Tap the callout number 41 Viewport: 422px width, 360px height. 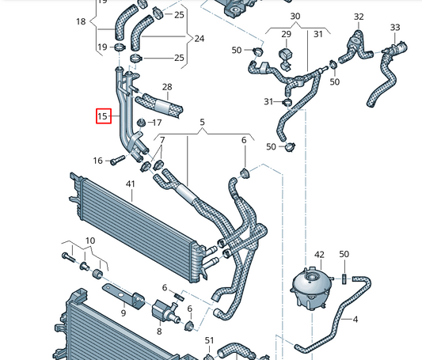(131, 184)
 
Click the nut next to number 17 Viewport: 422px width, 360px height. (140, 123)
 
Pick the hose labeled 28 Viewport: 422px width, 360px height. (162, 102)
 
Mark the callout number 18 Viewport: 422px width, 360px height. (80, 21)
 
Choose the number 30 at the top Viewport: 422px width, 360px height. (295, 16)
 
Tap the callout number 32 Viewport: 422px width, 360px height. (359, 17)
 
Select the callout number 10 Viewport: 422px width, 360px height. (89, 240)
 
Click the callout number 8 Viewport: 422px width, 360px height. (158, 332)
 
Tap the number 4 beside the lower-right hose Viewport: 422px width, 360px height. (355, 320)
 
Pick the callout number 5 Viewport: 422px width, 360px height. (202, 123)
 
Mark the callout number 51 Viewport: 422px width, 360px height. (210, 340)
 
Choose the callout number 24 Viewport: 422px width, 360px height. (199, 38)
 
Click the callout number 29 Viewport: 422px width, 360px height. (287, 34)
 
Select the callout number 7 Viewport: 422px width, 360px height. (162, 141)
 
